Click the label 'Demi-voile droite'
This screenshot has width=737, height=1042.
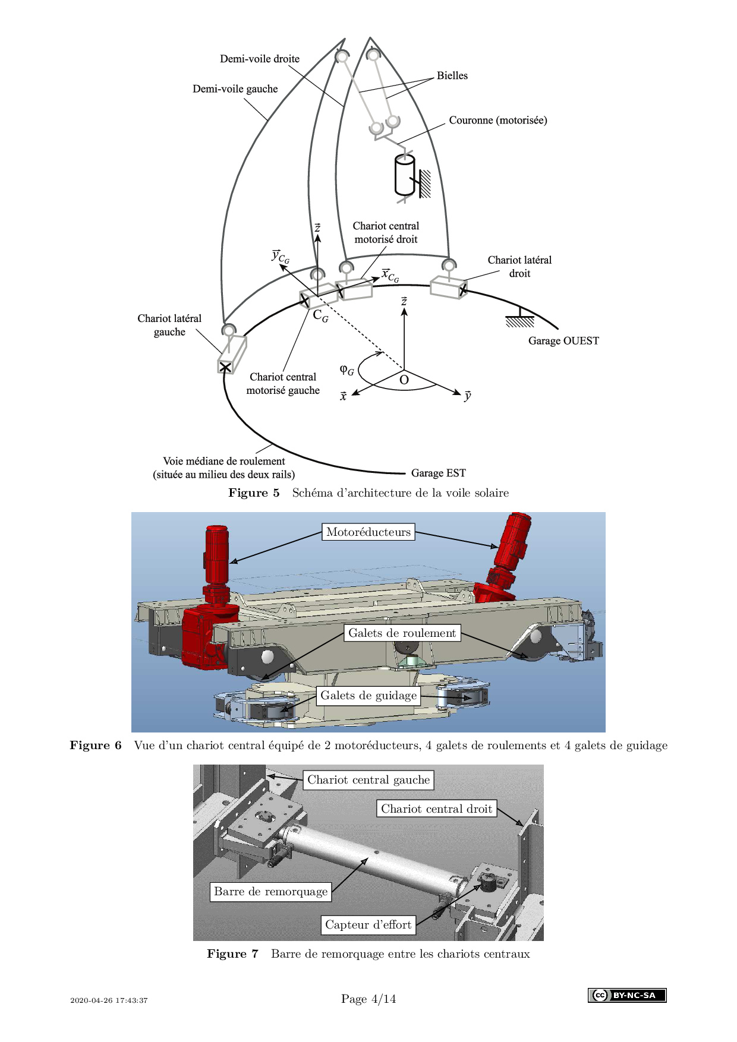(x=260, y=59)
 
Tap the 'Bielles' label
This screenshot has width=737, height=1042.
(x=452, y=75)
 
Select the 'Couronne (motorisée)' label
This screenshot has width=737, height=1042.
(x=497, y=120)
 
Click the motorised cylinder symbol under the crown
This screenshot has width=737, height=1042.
(x=404, y=175)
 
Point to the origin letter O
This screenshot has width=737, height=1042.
(x=404, y=380)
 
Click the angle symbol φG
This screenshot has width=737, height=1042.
(x=347, y=370)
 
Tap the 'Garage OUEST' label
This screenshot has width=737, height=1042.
(x=563, y=341)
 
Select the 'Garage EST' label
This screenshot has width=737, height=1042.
(x=438, y=473)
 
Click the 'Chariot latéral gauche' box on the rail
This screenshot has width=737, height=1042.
(x=231, y=355)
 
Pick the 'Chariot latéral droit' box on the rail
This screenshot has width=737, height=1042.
(x=448, y=287)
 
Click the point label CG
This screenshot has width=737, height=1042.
(x=320, y=316)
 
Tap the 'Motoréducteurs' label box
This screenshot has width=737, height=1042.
(x=368, y=532)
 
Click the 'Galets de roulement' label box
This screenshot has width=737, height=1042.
(x=402, y=633)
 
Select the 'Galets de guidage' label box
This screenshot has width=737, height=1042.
(x=368, y=696)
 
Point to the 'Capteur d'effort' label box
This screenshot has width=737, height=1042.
(x=368, y=924)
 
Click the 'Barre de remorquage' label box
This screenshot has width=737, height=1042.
(x=270, y=891)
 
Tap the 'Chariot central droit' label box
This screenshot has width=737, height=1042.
(x=436, y=809)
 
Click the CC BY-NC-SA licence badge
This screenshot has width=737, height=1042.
(x=627, y=995)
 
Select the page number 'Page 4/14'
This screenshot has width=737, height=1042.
(x=368, y=999)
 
